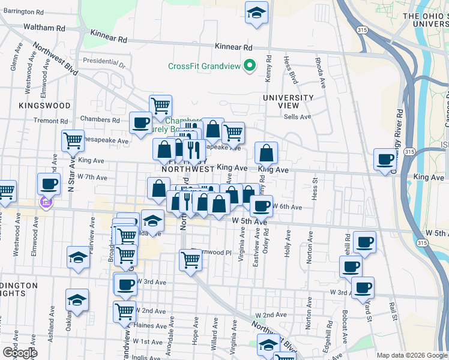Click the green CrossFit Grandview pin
click(250, 66)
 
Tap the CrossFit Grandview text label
click(204, 67)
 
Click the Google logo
click(20, 352)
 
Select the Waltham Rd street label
click(44, 28)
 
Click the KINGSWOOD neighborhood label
click(44, 105)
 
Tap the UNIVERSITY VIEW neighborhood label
click(289, 101)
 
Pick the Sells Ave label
click(298, 117)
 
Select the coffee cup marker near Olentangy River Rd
click(385, 160)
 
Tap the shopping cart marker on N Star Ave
click(73, 140)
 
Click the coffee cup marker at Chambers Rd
click(141, 123)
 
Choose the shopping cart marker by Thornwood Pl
click(190, 260)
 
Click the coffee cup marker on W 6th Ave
click(261, 206)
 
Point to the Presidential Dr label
click(101, 61)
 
